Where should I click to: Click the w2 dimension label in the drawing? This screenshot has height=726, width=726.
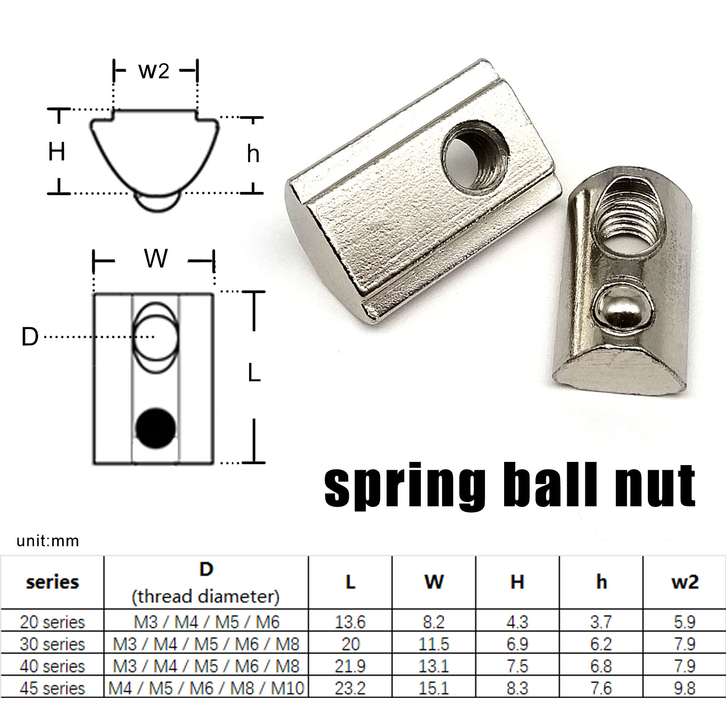pyautogui.click(x=154, y=71)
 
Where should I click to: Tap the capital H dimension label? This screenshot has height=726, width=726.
pyautogui.click(x=57, y=152)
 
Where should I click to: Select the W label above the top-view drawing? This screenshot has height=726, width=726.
pyautogui.click(x=156, y=259)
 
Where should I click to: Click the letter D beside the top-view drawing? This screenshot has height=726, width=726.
pyautogui.click(x=30, y=337)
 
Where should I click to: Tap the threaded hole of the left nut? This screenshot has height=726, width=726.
pyautogui.click(x=475, y=155)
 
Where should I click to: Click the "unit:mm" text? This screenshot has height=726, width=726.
pyautogui.click(x=48, y=541)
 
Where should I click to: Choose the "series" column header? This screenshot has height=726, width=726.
pyautogui.click(x=53, y=582)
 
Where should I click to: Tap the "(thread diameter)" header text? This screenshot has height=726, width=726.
pyautogui.click(x=206, y=596)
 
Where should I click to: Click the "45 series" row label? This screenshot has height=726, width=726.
pyautogui.click(x=53, y=688)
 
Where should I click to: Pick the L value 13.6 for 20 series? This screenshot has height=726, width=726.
pyautogui.click(x=350, y=622)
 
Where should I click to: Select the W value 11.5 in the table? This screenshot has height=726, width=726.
pyautogui.click(x=434, y=644)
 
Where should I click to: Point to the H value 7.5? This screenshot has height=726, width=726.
pyautogui.click(x=517, y=666)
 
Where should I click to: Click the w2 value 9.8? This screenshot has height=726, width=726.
pyautogui.click(x=684, y=688)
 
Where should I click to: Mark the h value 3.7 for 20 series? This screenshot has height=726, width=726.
pyautogui.click(x=601, y=622)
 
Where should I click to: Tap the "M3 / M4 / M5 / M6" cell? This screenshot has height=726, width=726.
pyautogui.click(x=206, y=622)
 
